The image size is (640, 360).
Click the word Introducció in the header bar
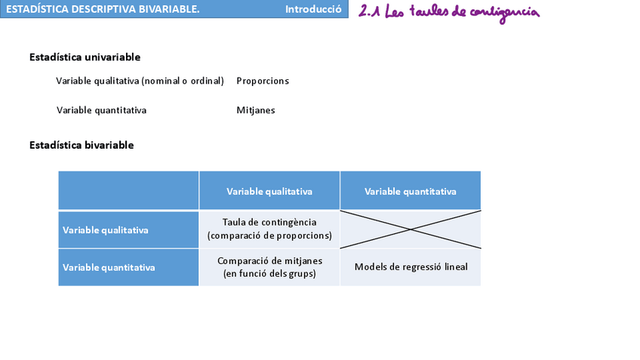(313, 9)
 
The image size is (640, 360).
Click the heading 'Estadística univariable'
(85, 57)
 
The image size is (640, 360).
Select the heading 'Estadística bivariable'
(82, 145)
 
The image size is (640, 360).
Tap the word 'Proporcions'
(263, 81)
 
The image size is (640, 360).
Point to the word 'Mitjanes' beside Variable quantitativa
(256, 110)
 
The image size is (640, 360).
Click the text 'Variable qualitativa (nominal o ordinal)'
(140, 81)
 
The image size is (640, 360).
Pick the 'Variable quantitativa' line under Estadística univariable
(101, 110)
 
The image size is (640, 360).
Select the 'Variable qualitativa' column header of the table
(269, 191)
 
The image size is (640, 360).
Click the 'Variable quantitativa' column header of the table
(410, 191)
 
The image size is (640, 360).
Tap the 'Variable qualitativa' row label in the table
(105, 230)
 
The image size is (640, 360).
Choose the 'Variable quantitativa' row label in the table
(109, 267)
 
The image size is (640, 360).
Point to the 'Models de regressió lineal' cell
(411, 266)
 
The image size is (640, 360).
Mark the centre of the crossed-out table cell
(411, 229)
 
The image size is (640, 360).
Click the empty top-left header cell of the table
(128, 190)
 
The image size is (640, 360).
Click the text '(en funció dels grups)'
(269, 274)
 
